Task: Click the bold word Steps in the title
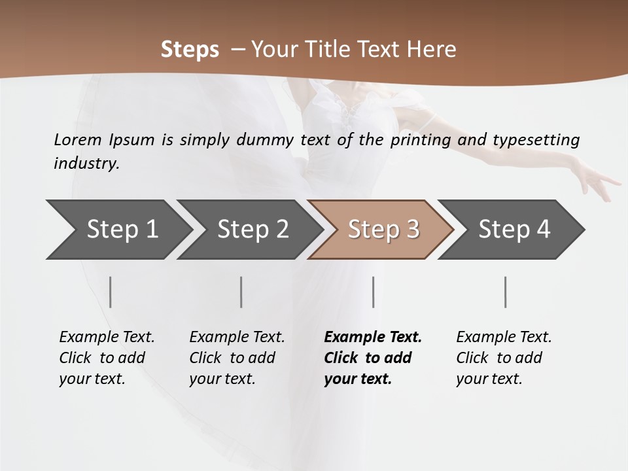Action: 190,50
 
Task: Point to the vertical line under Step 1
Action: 111,292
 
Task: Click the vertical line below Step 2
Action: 241,292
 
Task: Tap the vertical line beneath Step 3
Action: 373,292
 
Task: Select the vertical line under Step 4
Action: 505,292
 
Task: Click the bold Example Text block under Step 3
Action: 373,358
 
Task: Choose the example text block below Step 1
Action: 107,358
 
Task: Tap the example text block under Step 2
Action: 237,358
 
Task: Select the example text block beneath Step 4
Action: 504,358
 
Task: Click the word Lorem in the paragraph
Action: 78,139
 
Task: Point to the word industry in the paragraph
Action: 86,164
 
